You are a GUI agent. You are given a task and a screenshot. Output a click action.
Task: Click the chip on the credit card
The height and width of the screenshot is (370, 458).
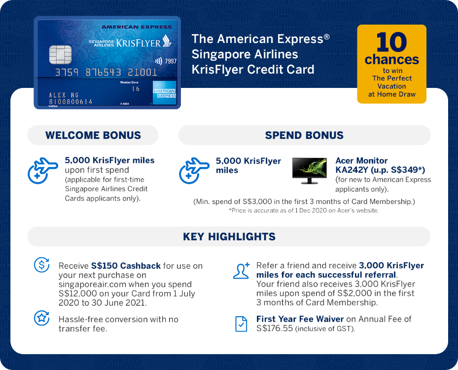[61, 54]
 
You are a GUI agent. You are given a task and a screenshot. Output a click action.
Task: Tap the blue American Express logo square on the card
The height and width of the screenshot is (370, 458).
[165, 93]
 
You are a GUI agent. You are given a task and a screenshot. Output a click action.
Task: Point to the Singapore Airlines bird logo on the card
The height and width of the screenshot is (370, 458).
[167, 41]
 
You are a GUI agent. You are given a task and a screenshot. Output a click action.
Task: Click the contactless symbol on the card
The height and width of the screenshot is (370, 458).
[159, 61]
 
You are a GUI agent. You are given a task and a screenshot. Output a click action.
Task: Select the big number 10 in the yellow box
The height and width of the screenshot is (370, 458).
[391, 42]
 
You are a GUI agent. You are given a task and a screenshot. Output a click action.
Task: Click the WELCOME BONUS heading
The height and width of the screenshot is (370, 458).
[93, 135]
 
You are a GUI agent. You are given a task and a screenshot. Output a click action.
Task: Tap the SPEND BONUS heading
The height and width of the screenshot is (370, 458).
[304, 135]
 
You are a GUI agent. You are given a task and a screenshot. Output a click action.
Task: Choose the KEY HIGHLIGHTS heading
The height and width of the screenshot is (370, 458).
[229, 237]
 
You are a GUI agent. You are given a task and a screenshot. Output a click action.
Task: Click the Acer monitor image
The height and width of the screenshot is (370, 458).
[309, 170]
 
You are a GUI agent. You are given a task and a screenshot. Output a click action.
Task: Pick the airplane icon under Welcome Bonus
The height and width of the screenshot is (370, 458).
[42, 170]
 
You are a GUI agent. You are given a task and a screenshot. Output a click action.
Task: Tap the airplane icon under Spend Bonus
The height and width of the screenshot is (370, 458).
[194, 170]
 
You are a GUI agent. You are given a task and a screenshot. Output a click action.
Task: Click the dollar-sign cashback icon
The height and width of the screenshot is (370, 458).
[41, 265]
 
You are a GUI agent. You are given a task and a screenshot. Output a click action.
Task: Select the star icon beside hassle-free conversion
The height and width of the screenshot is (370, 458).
[41, 318]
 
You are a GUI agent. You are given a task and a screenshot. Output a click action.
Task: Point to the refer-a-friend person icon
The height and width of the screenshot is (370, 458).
[241, 271]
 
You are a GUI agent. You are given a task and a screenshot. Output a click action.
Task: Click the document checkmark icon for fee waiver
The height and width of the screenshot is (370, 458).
[241, 324]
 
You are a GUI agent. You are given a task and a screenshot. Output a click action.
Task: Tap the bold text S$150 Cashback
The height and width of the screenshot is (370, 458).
[126, 266]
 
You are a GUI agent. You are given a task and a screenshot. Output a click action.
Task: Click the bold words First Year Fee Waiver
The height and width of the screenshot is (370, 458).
[300, 319]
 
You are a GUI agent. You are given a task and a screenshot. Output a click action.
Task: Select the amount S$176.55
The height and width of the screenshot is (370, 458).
[274, 329]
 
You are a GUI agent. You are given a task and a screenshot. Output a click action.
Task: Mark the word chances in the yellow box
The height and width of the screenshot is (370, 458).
[392, 60]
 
